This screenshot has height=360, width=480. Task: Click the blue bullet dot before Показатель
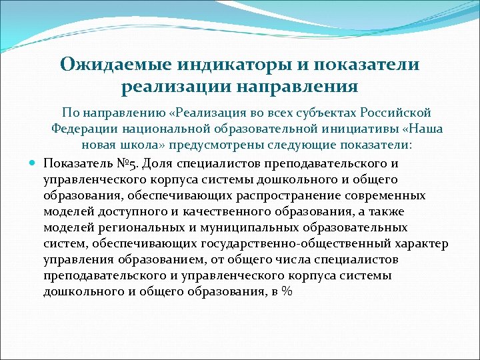[x=33, y=163]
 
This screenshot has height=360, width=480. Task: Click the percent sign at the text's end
[x=287, y=291]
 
